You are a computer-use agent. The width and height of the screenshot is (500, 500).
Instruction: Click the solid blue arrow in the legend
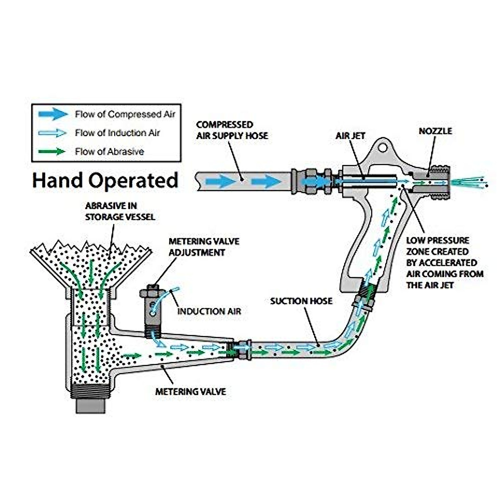(x=53, y=114)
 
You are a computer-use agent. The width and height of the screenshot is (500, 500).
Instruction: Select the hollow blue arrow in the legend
(x=53, y=133)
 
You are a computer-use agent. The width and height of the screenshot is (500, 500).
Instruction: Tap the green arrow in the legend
(x=53, y=152)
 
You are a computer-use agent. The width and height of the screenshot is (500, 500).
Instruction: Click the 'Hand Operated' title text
(x=105, y=181)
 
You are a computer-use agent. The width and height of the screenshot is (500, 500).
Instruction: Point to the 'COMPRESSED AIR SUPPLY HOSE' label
(x=232, y=130)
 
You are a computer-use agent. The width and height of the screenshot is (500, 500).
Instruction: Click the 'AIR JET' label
(x=350, y=136)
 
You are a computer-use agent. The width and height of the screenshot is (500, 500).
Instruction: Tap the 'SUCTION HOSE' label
(x=301, y=301)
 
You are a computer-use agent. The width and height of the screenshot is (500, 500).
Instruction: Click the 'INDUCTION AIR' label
(x=209, y=311)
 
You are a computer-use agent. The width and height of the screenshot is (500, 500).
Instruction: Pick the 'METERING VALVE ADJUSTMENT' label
(x=203, y=247)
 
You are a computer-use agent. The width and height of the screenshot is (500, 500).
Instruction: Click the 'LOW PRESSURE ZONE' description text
(x=444, y=262)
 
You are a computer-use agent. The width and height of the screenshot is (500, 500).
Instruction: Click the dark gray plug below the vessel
(x=90, y=405)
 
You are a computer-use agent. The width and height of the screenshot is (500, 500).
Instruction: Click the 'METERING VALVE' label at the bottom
(x=190, y=392)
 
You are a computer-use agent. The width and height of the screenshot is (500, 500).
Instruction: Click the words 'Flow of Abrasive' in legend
(x=109, y=152)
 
